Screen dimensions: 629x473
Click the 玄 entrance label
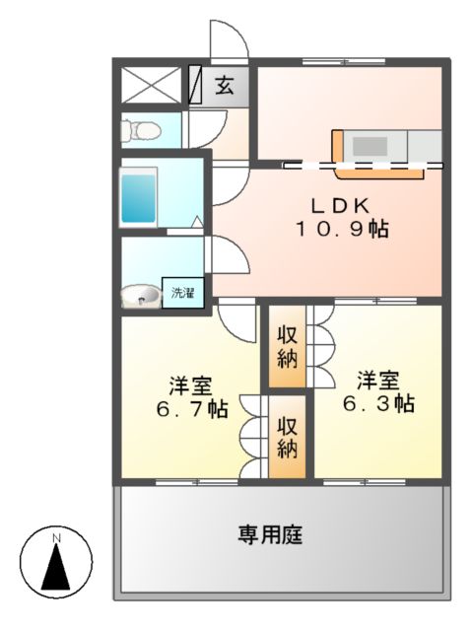point(226,85)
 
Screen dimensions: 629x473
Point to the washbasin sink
point(142,294)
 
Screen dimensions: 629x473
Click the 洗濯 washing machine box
point(182,293)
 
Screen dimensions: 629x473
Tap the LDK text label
point(340,206)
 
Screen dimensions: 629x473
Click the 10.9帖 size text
point(340,229)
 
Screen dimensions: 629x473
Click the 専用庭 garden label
point(269,535)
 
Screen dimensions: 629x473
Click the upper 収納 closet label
point(287,346)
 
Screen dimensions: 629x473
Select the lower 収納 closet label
point(287,437)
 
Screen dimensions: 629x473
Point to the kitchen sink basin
point(372,146)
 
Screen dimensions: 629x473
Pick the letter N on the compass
point(56,537)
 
